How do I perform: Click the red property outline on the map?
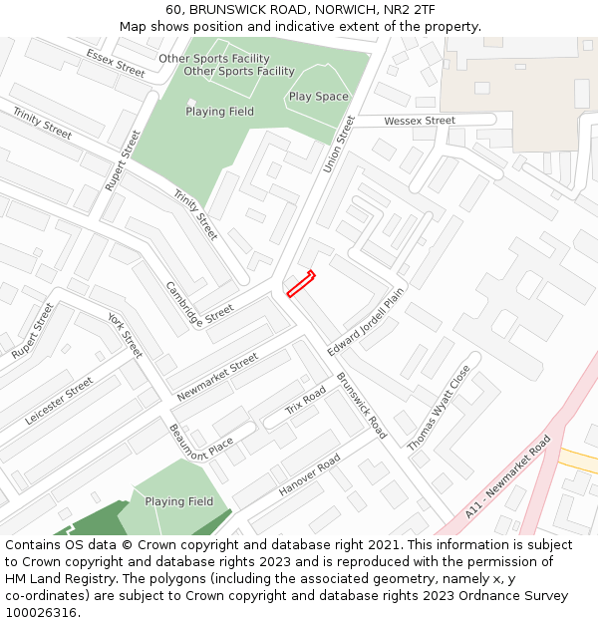[301, 284]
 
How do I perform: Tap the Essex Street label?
[116, 63]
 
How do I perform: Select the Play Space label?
[319, 97]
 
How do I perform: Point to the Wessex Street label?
[420, 121]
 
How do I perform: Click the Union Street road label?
[340, 144]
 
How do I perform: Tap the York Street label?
[126, 335]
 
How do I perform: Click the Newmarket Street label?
[217, 378]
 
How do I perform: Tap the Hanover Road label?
[309, 476]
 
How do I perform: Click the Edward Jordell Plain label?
[366, 322]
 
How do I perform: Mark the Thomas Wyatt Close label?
[439, 408]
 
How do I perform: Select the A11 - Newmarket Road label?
[507, 476]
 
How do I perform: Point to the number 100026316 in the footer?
[41, 613]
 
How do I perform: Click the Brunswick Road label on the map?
[361, 406]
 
